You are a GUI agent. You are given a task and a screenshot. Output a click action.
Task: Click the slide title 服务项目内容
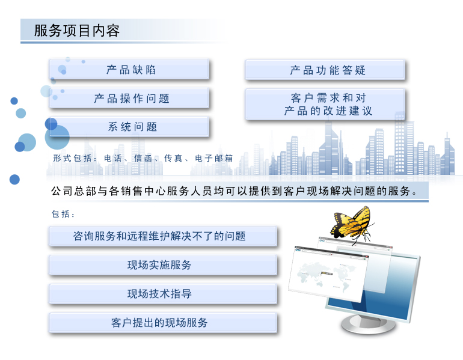77,31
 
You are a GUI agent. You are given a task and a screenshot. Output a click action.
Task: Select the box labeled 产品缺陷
129,69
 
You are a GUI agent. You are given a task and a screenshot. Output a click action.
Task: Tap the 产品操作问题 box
129,98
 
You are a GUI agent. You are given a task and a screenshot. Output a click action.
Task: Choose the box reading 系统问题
129,127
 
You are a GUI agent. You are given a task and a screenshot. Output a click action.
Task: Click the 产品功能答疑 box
325,70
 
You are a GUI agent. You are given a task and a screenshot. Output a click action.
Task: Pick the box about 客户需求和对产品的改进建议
325,104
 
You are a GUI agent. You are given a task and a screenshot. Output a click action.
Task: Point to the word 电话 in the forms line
113,158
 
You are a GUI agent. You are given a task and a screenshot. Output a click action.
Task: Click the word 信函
143,158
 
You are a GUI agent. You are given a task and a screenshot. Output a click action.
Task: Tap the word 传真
173,158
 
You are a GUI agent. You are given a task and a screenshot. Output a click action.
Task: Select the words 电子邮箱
214,158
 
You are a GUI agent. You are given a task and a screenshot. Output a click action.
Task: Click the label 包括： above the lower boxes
63,214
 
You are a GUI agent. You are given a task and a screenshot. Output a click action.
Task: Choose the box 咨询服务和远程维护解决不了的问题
163,236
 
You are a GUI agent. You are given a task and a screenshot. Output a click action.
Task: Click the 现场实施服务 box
163,265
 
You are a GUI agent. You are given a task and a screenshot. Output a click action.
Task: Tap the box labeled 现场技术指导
163,294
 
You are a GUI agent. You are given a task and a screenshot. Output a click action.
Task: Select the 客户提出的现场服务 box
163,323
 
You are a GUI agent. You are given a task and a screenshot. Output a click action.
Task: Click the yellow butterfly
351,225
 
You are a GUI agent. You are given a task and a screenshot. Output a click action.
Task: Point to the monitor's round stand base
368,324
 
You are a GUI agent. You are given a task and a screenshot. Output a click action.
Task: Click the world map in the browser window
324,275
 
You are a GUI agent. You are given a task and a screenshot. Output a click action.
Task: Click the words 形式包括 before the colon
72,158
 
